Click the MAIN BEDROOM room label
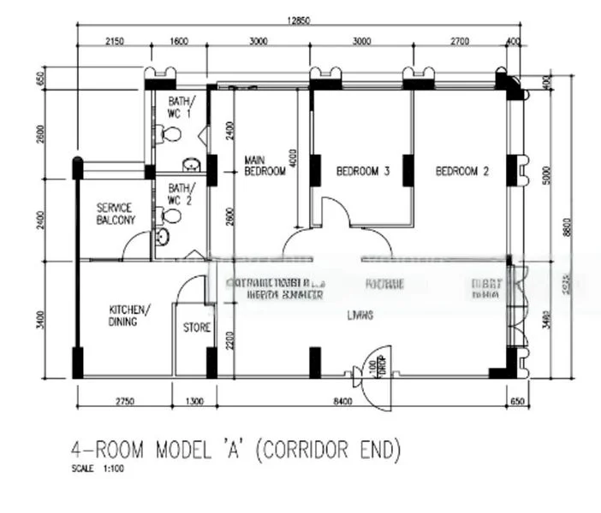coord(265,166)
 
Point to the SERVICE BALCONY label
coord(115,214)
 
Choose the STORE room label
coord(197,327)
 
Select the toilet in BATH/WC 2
coord(163,237)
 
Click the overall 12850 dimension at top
coord(298,21)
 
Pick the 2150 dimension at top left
coord(115,41)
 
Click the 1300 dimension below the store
coord(194,400)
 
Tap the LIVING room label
coord(360,315)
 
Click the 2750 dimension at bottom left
coord(125,400)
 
